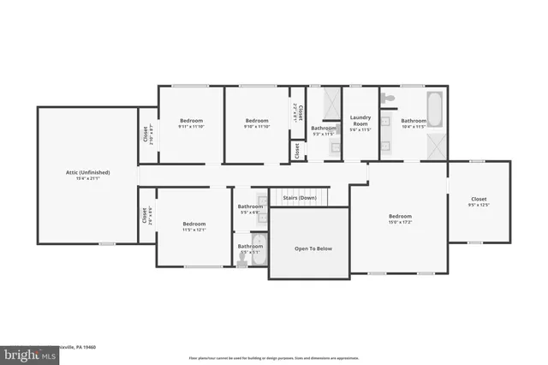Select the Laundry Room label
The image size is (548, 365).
[x=360, y=121]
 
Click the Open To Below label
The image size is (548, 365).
[x=313, y=248]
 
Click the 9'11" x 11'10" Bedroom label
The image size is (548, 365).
[x=190, y=121]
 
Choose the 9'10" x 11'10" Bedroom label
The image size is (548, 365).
[x=257, y=121]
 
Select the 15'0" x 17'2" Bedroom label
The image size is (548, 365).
[x=400, y=216]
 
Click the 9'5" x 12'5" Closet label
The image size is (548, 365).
[x=478, y=199]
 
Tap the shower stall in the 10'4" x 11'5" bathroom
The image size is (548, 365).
[x=436, y=146]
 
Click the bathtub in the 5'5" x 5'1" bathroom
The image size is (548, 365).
[x=259, y=252]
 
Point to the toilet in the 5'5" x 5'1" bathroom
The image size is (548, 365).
[x=241, y=264]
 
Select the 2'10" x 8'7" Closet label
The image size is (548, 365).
[x=145, y=135]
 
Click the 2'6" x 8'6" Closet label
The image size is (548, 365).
[x=145, y=215]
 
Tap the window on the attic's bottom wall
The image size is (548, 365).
[x=106, y=243]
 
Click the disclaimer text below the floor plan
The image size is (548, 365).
[x=273, y=357]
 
